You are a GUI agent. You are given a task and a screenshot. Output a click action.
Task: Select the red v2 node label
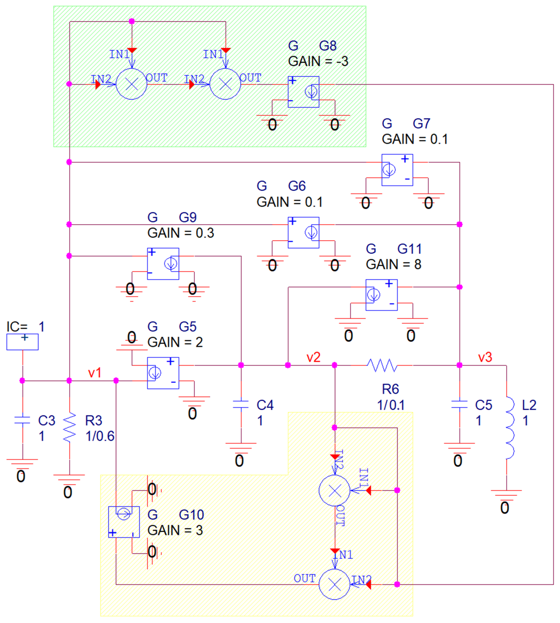click(313, 357)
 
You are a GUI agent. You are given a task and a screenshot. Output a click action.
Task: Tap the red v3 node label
click(485, 357)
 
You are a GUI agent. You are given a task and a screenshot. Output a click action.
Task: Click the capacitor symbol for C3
click(22, 420)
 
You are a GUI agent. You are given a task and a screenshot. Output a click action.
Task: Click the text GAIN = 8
click(393, 264)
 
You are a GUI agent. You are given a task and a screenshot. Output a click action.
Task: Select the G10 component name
click(191, 515)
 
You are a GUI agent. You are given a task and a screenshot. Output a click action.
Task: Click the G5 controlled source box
click(163, 373)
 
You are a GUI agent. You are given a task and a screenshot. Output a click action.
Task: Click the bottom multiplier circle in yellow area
click(334, 584)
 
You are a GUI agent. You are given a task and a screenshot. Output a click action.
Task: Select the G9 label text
click(187, 217)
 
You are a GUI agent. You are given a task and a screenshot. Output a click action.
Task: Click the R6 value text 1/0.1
click(391, 405)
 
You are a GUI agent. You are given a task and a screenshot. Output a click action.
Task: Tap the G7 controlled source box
click(397, 170)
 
